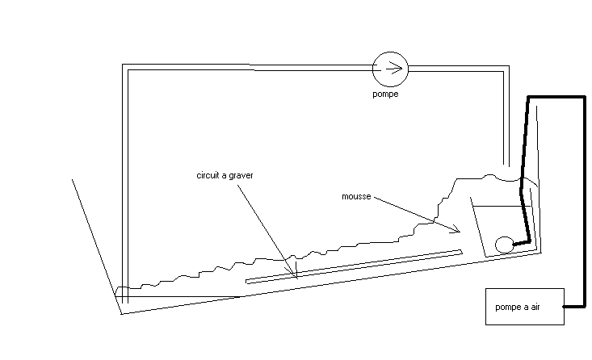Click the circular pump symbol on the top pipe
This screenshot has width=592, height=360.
click(x=390, y=69)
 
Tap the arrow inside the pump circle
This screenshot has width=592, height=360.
click(x=392, y=69)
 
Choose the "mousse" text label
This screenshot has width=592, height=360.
click(x=355, y=196)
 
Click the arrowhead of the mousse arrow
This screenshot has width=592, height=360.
click(x=457, y=231)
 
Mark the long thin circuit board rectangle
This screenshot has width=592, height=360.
click(x=354, y=266)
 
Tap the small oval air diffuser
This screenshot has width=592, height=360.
click(x=504, y=243)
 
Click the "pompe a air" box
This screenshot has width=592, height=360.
click(x=524, y=307)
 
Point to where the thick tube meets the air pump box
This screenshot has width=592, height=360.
click(x=564, y=307)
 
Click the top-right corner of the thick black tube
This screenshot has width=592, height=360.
click(x=583, y=98)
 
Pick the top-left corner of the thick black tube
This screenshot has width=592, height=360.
click(x=529, y=98)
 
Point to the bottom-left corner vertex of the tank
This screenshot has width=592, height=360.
click(x=121, y=314)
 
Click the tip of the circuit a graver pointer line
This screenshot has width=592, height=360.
click(x=296, y=276)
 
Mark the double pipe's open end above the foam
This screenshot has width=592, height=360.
click(x=506, y=166)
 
